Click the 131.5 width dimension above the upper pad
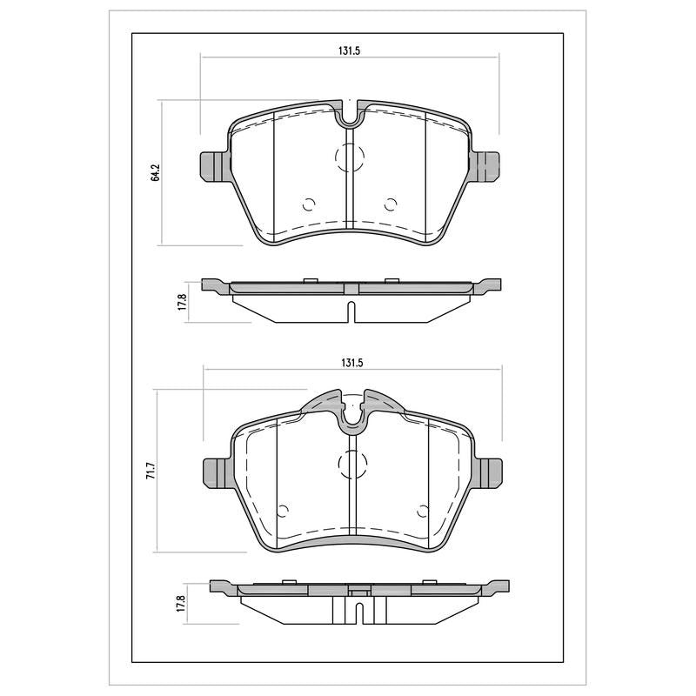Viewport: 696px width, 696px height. tap(350, 51)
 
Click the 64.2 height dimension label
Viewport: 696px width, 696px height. tap(155, 172)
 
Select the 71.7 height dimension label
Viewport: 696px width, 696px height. tap(150, 470)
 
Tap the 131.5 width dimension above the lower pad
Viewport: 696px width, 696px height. tap(352, 363)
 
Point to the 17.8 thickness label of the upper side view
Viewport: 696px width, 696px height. tap(183, 301)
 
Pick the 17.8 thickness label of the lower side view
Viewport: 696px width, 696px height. tap(180, 604)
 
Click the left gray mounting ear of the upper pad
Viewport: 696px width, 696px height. tap(215, 166)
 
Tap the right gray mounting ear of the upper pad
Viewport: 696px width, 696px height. tap(485, 166)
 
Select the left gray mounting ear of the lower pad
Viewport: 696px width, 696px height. tap(217, 473)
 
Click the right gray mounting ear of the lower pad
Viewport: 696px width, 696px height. tap(488, 473)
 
